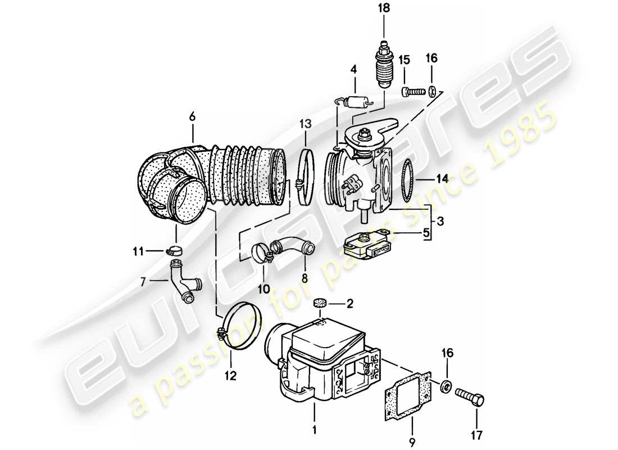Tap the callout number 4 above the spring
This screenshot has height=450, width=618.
click(x=354, y=70)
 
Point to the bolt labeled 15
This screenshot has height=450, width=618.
click(x=415, y=90)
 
